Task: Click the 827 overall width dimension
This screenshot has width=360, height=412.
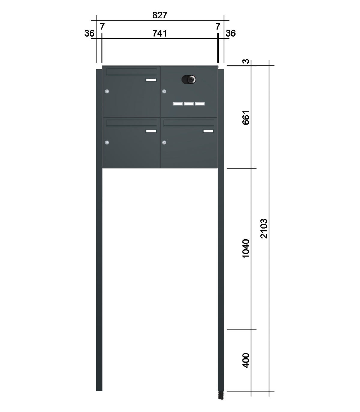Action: [160, 15]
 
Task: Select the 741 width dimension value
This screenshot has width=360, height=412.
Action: [160, 33]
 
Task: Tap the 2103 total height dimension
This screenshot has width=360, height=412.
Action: [264, 229]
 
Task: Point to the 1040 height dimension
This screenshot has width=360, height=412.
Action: [246, 249]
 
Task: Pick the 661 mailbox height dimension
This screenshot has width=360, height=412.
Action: [246, 118]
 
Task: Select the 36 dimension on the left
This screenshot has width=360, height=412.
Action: [89, 33]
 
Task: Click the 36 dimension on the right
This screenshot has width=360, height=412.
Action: [230, 33]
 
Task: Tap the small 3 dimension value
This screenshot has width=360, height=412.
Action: [246, 61]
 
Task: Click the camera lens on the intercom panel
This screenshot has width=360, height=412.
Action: [191, 79]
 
